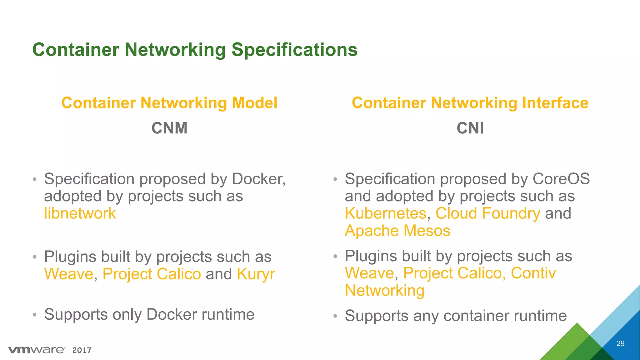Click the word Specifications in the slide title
pyautogui.click(x=294, y=50)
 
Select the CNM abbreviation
pyautogui.click(x=169, y=128)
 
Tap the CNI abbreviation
pyautogui.click(x=470, y=128)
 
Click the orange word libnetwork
pyautogui.click(x=80, y=213)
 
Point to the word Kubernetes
pyautogui.click(x=386, y=213)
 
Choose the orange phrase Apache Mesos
pyautogui.click(x=397, y=231)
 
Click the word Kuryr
pyautogui.click(x=256, y=274)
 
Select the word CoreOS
pyautogui.click(x=561, y=179)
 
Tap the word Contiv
pyautogui.click(x=533, y=273)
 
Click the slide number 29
pyautogui.click(x=620, y=343)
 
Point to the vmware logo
pyautogui.click(x=37, y=350)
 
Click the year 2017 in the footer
pyautogui.click(x=82, y=350)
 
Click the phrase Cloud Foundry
pyautogui.click(x=488, y=213)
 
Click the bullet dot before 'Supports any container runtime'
pyautogui.click(x=335, y=316)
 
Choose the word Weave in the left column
pyautogui.click(x=69, y=274)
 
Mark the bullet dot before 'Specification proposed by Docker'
pyautogui.click(x=35, y=180)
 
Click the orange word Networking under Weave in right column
pyautogui.click(x=385, y=291)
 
